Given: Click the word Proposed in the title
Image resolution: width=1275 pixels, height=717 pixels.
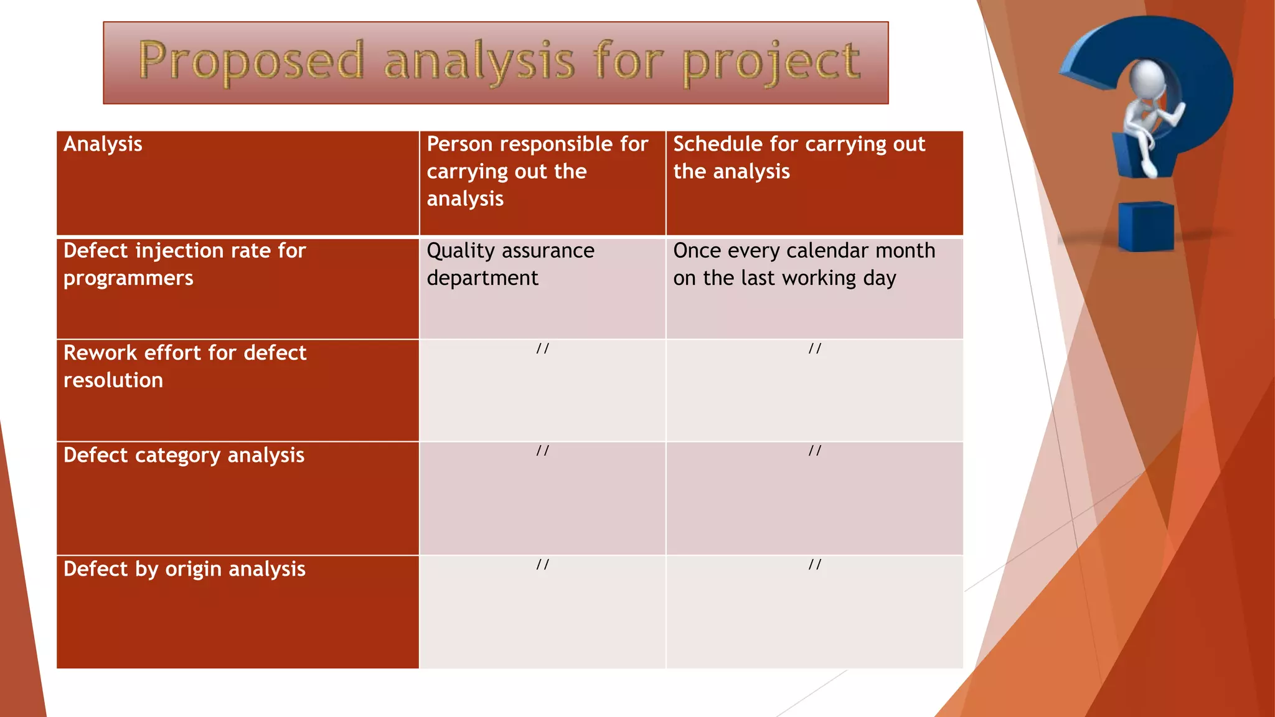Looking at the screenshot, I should point(250,61).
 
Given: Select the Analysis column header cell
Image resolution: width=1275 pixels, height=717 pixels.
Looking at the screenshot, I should point(103,144).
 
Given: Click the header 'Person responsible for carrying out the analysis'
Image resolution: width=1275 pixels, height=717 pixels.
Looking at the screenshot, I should point(537,171).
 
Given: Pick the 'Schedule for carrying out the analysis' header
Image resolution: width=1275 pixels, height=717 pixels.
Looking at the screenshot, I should point(799,157).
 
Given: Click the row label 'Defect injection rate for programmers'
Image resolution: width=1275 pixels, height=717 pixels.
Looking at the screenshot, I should point(184,265).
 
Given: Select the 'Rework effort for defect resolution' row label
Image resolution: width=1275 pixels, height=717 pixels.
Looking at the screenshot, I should point(184,367).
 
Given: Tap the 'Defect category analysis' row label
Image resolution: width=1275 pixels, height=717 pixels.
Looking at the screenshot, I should point(184,456).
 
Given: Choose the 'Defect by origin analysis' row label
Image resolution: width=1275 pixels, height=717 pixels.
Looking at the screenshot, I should point(184,569).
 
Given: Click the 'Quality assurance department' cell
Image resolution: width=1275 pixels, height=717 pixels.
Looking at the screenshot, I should point(510,265).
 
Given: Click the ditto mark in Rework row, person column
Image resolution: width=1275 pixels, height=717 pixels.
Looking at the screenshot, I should point(542,349).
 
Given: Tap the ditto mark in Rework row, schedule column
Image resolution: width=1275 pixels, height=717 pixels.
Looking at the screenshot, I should point(814,349).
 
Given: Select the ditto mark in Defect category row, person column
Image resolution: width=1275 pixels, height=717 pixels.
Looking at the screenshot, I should point(542,451).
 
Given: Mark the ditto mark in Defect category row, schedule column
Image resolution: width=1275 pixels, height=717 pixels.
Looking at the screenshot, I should point(814,451).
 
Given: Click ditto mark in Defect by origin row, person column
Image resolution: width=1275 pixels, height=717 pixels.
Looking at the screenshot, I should point(542,565).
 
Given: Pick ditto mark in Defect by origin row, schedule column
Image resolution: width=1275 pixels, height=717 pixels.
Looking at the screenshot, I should point(814,565).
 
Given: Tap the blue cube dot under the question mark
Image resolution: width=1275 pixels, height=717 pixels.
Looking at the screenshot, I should point(1146,225).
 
